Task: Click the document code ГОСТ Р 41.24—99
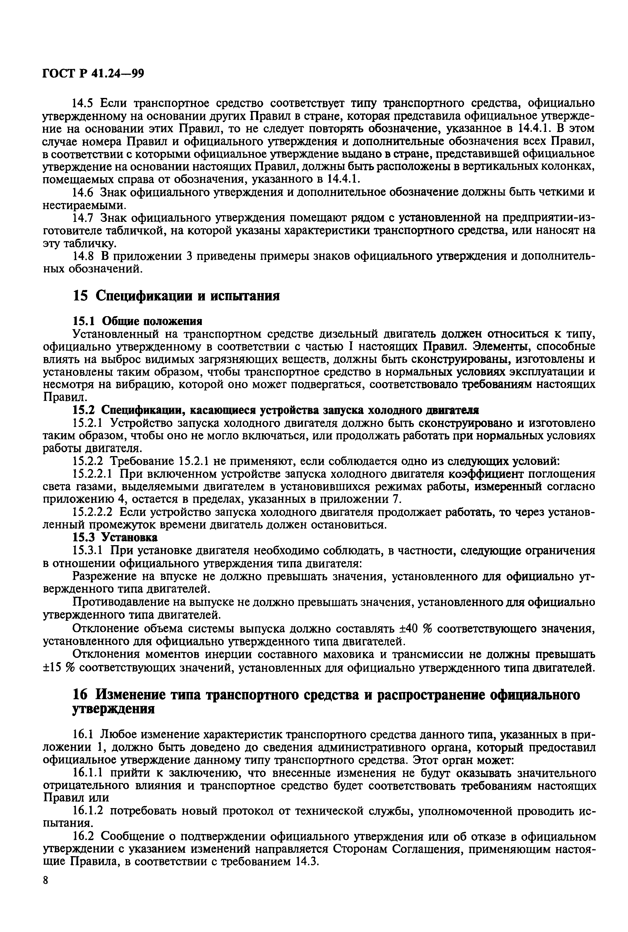(x=93, y=74)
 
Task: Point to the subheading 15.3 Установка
(x=115, y=537)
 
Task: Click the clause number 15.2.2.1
(x=93, y=474)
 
